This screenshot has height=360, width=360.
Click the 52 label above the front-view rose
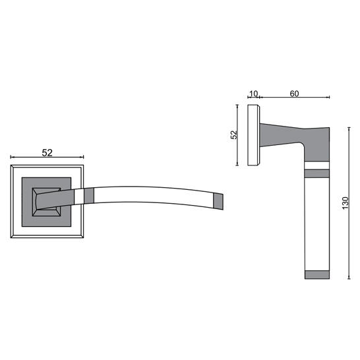(47, 153)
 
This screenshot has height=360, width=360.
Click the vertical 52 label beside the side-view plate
(233, 135)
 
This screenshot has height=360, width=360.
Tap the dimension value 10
(253, 94)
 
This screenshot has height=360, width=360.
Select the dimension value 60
(294, 94)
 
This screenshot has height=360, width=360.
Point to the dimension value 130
(345, 203)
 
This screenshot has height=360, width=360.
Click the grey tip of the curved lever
(218, 201)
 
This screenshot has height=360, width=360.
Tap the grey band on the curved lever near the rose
(89, 196)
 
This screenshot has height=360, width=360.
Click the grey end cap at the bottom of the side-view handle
(317, 274)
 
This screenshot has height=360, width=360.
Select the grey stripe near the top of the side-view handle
(317, 173)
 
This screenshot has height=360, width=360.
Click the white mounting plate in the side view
(254, 135)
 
